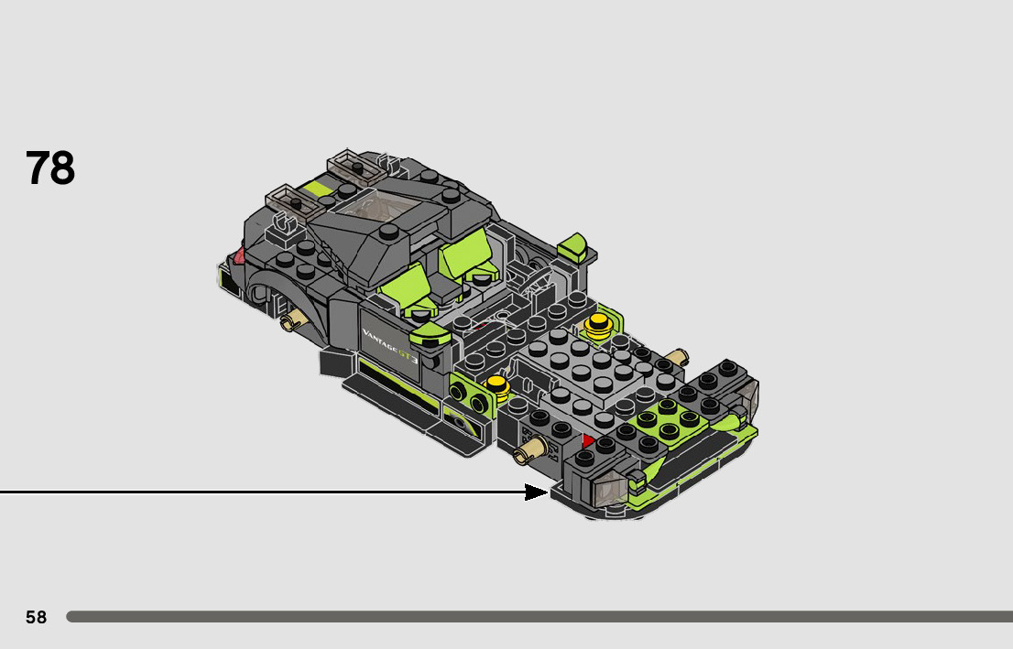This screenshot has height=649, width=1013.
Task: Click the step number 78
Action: pyautogui.click(x=50, y=168)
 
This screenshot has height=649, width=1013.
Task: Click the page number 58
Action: pyautogui.click(x=37, y=617)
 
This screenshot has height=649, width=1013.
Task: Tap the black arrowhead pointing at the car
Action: pyautogui.click(x=536, y=492)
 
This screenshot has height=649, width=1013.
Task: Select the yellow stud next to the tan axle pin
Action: pyautogui.click(x=599, y=324)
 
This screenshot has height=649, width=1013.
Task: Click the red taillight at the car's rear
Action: pyautogui.click(x=238, y=255)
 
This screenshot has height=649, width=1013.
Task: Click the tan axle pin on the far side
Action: pyautogui.click(x=677, y=357)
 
